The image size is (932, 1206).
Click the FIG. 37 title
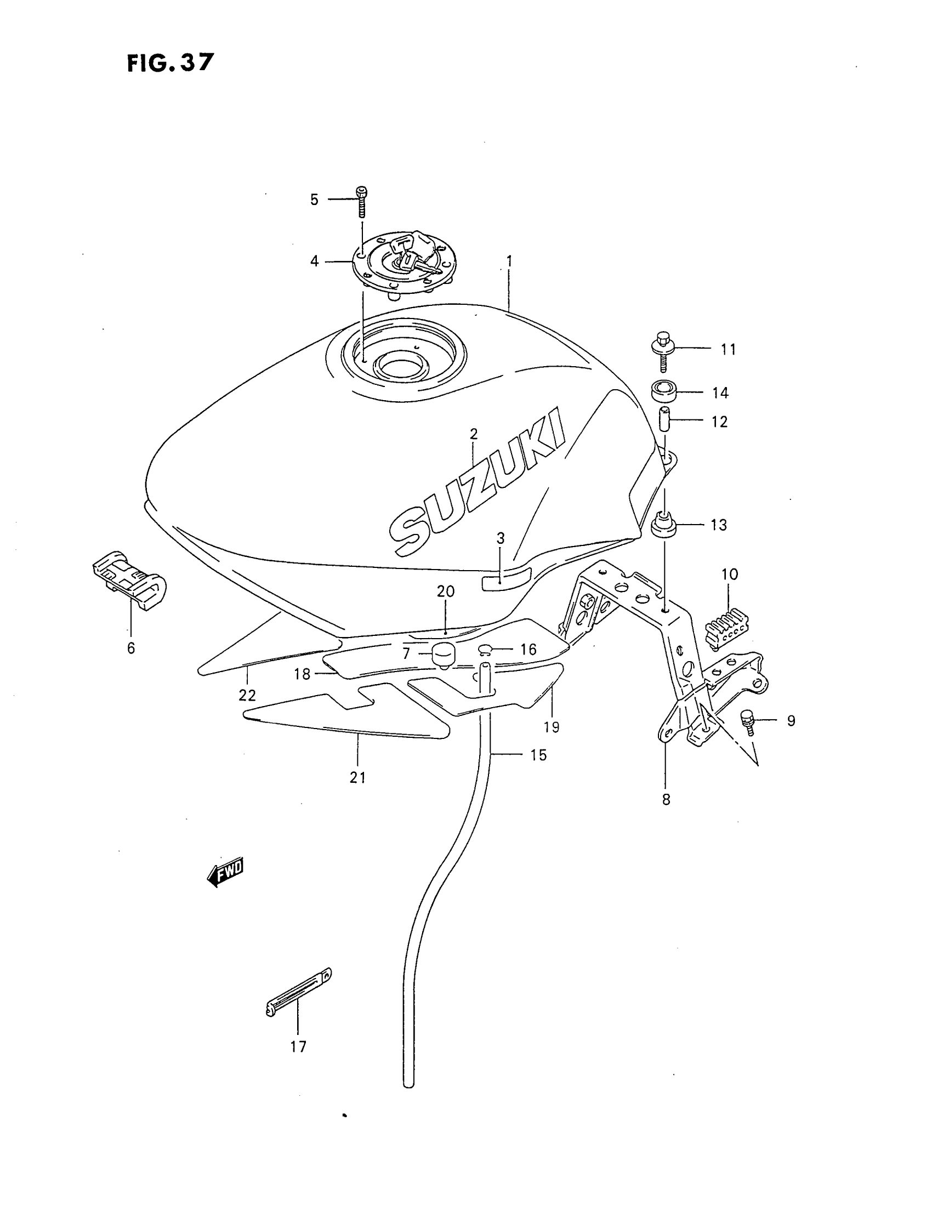click(x=169, y=62)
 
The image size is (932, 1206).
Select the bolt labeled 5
click(x=362, y=202)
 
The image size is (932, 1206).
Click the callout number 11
click(x=728, y=349)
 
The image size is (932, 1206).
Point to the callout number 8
click(x=667, y=799)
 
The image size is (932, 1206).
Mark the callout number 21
click(x=358, y=777)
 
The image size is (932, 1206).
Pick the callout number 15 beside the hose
click(x=538, y=755)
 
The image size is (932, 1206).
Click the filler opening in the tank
click(x=401, y=365)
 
